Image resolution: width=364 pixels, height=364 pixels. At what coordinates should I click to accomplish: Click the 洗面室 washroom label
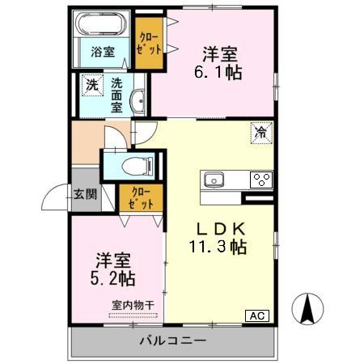[x=117, y=94]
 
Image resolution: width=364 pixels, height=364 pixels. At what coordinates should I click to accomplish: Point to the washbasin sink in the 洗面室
[x=139, y=99]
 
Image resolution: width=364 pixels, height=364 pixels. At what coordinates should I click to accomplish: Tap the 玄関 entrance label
[x=85, y=193]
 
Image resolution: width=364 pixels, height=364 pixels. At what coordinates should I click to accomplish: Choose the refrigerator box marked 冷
[x=262, y=133]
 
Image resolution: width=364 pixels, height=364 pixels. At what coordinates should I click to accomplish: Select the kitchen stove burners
[x=260, y=180]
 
